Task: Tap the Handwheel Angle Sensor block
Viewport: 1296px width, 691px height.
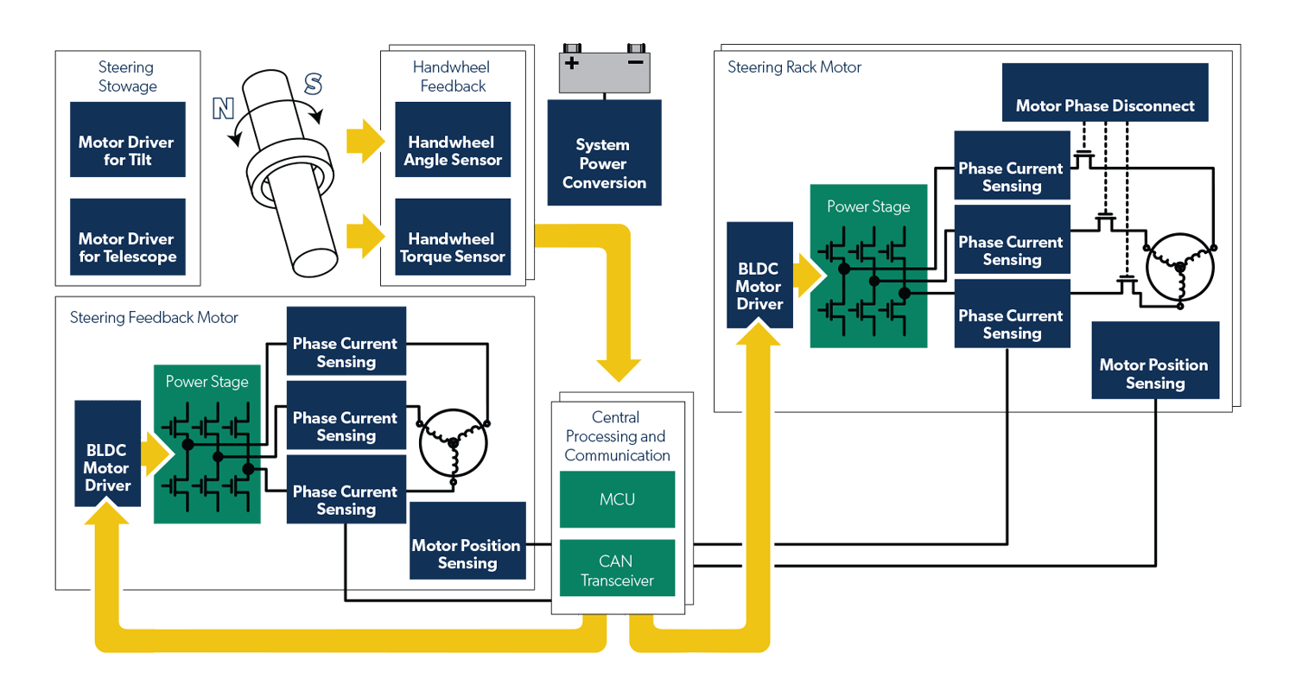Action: click(453, 151)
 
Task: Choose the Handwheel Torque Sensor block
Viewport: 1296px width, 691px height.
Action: click(453, 248)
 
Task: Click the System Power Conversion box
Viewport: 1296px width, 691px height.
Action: click(604, 163)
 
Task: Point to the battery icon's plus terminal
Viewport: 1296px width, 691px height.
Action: click(571, 63)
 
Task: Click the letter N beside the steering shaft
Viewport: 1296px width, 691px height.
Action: click(223, 108)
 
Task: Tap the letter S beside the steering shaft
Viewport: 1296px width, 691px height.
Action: click(313, 84)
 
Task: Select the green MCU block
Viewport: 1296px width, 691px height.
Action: click(616, 499)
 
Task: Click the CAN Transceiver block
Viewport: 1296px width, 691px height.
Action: click(616, 570)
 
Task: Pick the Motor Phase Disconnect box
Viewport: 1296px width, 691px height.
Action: click(1104, 105)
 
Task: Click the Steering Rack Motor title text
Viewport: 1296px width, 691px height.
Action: click(794, 67)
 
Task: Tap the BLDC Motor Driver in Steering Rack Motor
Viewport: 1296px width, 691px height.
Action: click(759, 275)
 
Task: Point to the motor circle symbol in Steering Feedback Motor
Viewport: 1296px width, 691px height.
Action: click(452, 442)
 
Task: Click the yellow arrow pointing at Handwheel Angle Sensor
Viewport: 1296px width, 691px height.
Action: click(363, 141)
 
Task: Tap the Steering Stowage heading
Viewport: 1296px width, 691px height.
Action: click(127, 76)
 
